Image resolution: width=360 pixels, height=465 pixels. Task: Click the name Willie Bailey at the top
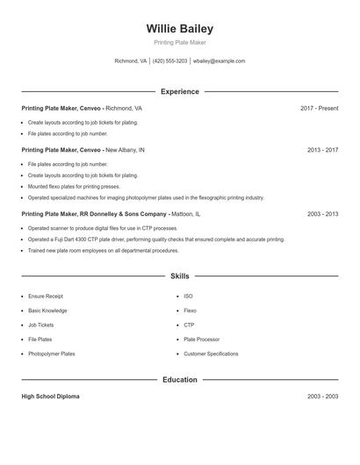pos(179,28)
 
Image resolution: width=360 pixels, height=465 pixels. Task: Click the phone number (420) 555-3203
pos(170,61)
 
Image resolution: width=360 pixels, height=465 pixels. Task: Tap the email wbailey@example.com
pos(219,61)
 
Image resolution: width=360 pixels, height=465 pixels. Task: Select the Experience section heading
pos(179,91)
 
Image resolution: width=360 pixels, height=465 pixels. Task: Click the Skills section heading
pos(179,275)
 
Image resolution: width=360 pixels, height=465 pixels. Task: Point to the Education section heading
pos(179,380)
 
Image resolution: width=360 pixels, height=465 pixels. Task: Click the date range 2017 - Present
pos(319,108)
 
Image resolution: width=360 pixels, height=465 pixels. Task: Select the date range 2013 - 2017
pos(322,150)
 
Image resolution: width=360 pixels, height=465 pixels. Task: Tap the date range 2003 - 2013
pos(322,213)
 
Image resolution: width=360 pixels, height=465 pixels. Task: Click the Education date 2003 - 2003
pos(322,397)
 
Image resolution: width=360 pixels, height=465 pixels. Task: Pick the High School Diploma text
pos(50,397)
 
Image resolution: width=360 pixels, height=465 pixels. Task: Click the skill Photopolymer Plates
pos(52,354)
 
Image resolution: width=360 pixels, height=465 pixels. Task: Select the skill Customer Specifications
pos(211,354)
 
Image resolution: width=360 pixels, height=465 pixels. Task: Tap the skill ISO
pos(188,297)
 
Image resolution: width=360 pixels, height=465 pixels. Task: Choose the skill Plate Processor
pos(201,339)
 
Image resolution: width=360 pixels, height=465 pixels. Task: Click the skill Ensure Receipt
pos(46,297)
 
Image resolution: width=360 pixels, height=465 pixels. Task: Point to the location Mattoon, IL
pos(185,213)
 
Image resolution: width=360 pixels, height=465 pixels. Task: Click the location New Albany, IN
pos(125,150)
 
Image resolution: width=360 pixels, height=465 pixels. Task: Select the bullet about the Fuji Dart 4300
pos(156,239)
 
